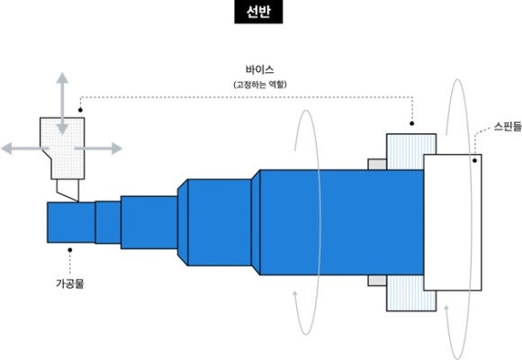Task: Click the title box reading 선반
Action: [x=258, y=12]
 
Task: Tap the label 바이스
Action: [x=260, y=69]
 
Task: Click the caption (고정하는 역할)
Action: [x=260, y=85]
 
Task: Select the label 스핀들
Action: [x=508, y=127]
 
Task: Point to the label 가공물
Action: [x=69, y=283]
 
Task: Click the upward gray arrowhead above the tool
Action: [x=62, y=77]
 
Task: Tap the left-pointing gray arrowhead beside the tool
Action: [x=6, y=148]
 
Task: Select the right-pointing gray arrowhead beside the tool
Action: [x=117, y=148]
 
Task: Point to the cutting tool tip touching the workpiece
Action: [x=77, y=202]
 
